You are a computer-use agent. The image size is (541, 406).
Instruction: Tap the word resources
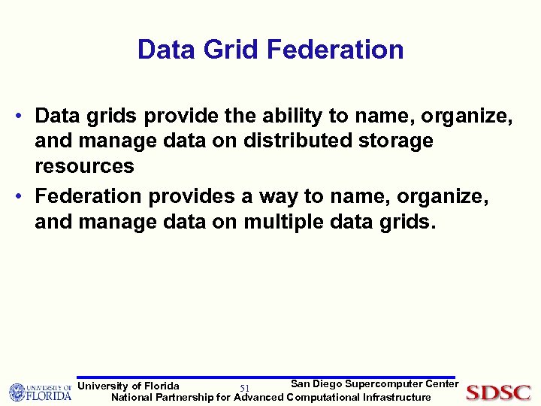coord(84,165)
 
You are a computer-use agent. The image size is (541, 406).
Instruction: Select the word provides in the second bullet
coord(191,196)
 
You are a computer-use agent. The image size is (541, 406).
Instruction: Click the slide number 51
coord(244,388)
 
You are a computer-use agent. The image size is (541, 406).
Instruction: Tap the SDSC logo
coord(498,392)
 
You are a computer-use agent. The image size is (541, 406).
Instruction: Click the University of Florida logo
coord(40,392)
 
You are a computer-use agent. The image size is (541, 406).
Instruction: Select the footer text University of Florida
coord(128,386)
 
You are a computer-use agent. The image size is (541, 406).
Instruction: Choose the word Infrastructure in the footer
coord(397,397)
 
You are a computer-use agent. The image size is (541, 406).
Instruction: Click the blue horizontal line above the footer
coord(267,377)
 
